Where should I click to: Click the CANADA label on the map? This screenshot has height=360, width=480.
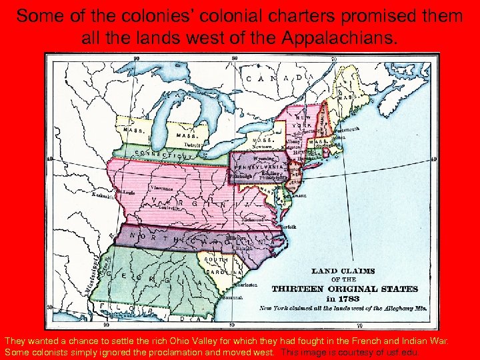(x=280, y=78)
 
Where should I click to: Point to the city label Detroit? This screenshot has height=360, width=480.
(x=193, y=144)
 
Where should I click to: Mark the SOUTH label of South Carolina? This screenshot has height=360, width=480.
(x=216, y=259)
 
